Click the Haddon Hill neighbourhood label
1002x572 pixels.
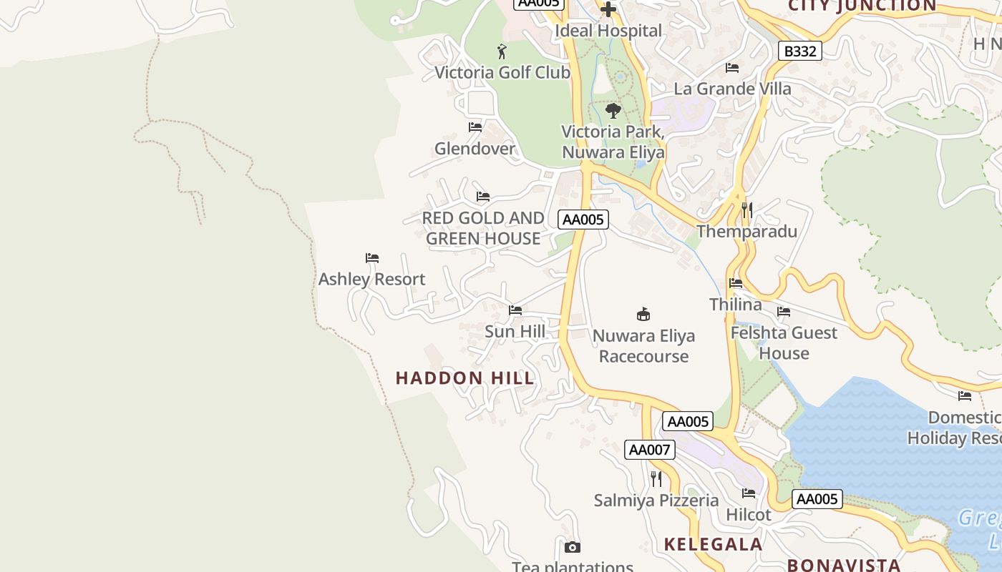click(465, 378)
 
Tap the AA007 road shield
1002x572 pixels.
click(649, 450)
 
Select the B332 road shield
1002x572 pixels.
click(799, 51)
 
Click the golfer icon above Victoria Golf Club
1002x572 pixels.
click(502, 51)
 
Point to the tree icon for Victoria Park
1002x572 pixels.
click(613, 111)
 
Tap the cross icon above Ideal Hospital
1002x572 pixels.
click(608, 9)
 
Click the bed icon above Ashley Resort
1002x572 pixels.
click(371, 258)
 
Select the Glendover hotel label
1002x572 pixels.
click(475, 149)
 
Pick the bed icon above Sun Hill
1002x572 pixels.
click(515, 310)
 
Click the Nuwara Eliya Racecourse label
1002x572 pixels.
click(643, 346)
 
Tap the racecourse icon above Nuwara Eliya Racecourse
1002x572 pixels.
click(643, 314)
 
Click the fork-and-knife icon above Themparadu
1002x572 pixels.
click(746, 209)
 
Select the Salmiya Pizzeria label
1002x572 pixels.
click(656, 500)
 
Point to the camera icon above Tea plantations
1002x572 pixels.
click(572, 548)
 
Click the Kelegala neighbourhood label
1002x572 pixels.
click(713, 544)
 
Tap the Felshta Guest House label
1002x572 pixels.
click(784, 343)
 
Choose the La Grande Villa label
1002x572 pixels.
click(732, 89)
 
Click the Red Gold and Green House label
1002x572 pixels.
click(483, 228)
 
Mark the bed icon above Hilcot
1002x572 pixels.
click(749, 493)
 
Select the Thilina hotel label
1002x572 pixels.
click(736, 305)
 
